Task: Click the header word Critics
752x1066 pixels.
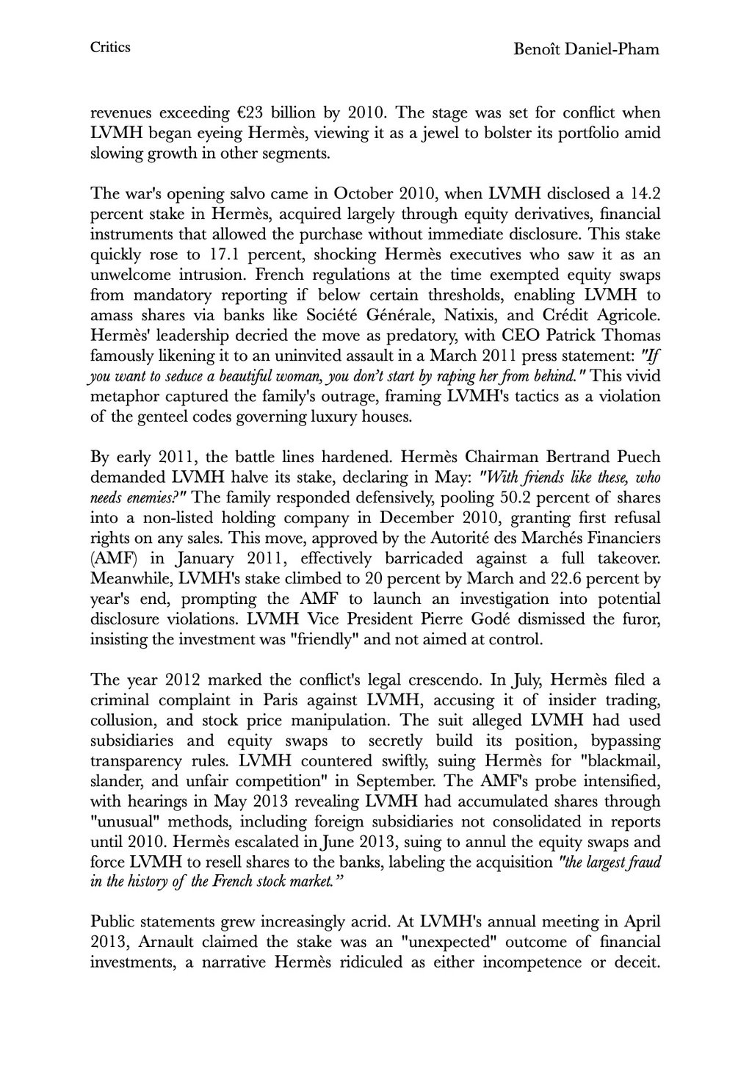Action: pyautogui.click(x=110, y=48)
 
